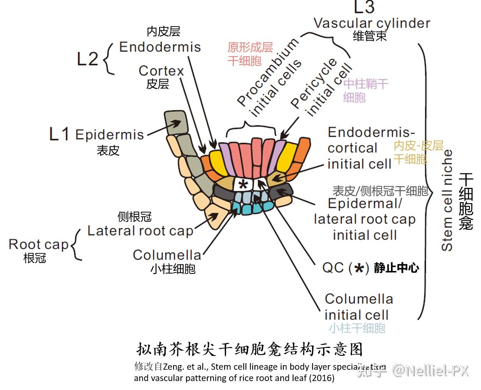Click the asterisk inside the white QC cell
click(x=243, y=184)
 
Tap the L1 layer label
click(x=59, y=134)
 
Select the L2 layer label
click(x=87, y=59)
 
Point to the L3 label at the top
click(x=364, y=7)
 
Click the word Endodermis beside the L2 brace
click(x=160, y=47)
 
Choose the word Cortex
click(x=161, y=71)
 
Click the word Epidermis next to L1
click(x=110, y=135)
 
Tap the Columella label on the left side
click(x=167, y=255)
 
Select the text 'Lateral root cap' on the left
click(x=140, y=231)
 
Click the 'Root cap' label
click(x=38, y=245)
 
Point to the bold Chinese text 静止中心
click(x=396, y=268)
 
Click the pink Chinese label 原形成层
click(x=250, y=48)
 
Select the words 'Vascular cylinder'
click(x=372, y=23)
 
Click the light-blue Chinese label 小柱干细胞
click(x=357, y=328)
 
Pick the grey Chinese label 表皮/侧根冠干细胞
click(x=380, y=191)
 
